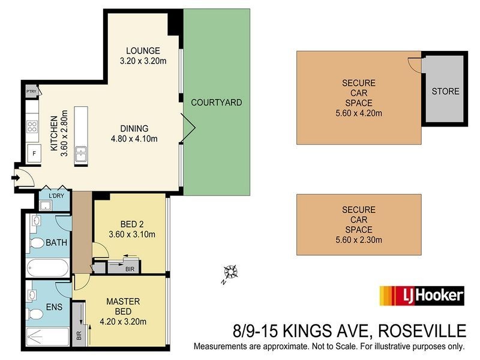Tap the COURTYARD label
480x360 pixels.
(217, 103)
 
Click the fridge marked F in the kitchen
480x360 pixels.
(33, 152)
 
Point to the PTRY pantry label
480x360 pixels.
(32, 91)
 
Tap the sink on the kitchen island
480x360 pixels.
(81, 154)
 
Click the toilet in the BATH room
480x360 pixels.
(37, 243)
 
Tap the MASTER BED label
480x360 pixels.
(123, 306)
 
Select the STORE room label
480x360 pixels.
(445, 92)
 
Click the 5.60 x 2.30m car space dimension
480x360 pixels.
(359, 240)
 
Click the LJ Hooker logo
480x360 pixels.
(421, 295)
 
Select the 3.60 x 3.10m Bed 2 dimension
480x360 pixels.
(131, 234)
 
